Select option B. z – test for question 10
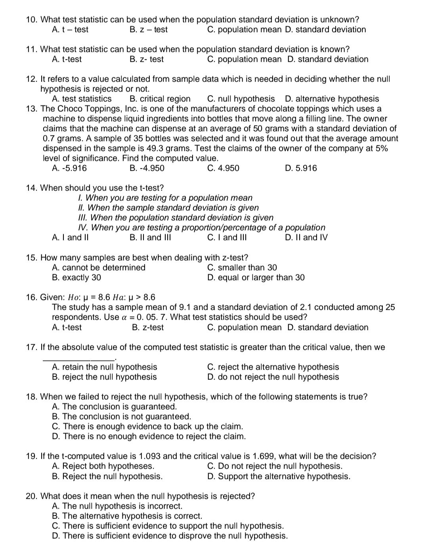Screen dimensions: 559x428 coord(149,29)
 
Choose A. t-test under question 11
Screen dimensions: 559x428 coord(67,59)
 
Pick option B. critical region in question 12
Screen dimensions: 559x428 coord(160,99)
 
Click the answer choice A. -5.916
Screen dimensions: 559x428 coord(69,168)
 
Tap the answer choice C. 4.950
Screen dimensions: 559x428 coord(223,168)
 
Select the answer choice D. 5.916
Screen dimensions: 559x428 coord(301,168)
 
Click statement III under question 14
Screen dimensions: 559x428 coord(176,217)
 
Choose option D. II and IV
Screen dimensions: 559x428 coord(306,237)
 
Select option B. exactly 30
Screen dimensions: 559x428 coord(76,277)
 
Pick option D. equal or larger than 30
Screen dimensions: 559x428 coord(256,277)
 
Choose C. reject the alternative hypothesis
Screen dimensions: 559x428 coord(273,367)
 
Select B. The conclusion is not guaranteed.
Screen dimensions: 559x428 coord(121,416)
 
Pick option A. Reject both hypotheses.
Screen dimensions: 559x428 coord(103,466)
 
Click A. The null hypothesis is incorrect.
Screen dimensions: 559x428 coord(117,506)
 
